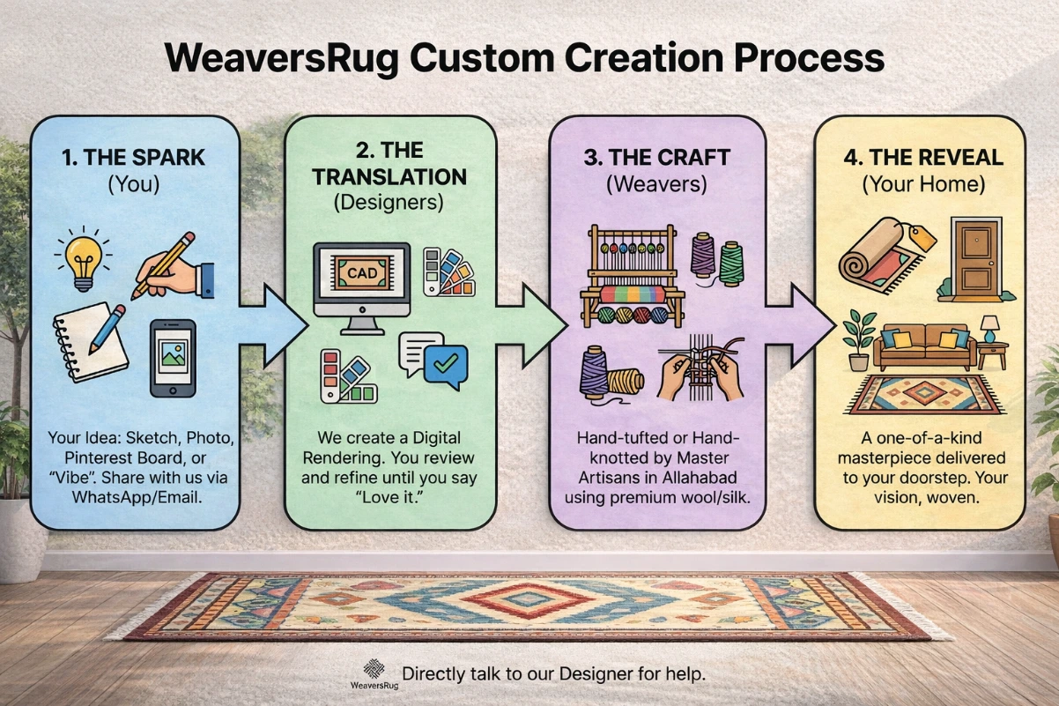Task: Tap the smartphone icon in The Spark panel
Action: tap(173, 358)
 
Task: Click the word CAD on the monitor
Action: tap(361, 273)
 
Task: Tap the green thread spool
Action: tap(731, 259)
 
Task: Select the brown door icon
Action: tap(976, 256)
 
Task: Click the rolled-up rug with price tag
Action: tap(882, 255)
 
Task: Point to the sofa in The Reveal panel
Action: tap(924, 347)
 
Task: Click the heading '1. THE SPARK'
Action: tap(133, 158)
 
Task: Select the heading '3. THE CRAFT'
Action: tap(656, 158)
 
